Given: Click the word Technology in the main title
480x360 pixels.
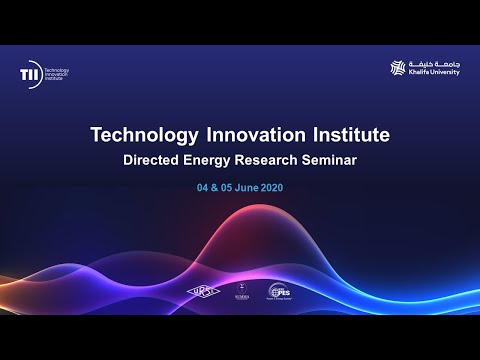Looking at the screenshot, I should [x=141, y=134].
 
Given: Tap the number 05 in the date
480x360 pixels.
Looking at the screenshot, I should [x=229, y=186].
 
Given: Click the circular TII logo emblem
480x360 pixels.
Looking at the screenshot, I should [x=29, y=73].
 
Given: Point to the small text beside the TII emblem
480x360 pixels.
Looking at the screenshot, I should [x=65, y=73].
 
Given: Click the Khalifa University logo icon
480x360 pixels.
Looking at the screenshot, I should [x=398, y=68].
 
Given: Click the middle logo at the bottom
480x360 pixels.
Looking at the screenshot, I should [x=240, y=291].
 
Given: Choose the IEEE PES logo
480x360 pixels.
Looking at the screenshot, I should [x=280, y=292].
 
